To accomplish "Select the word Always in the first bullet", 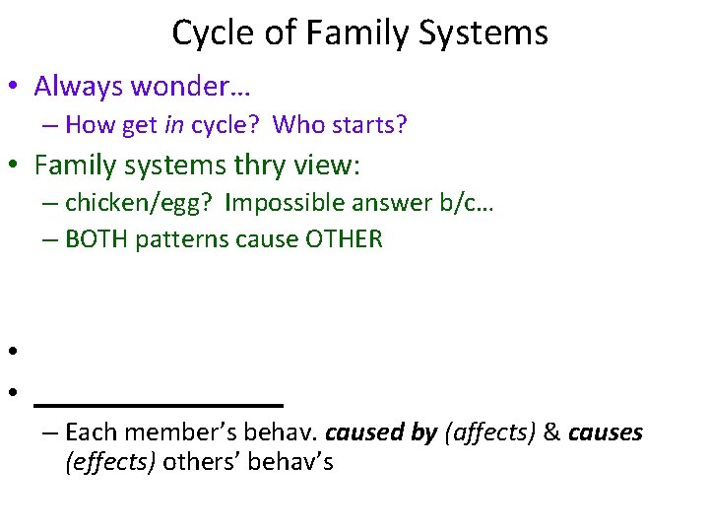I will [79, 87].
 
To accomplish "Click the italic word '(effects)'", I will [110, 462].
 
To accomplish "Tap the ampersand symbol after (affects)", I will [551, 432].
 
